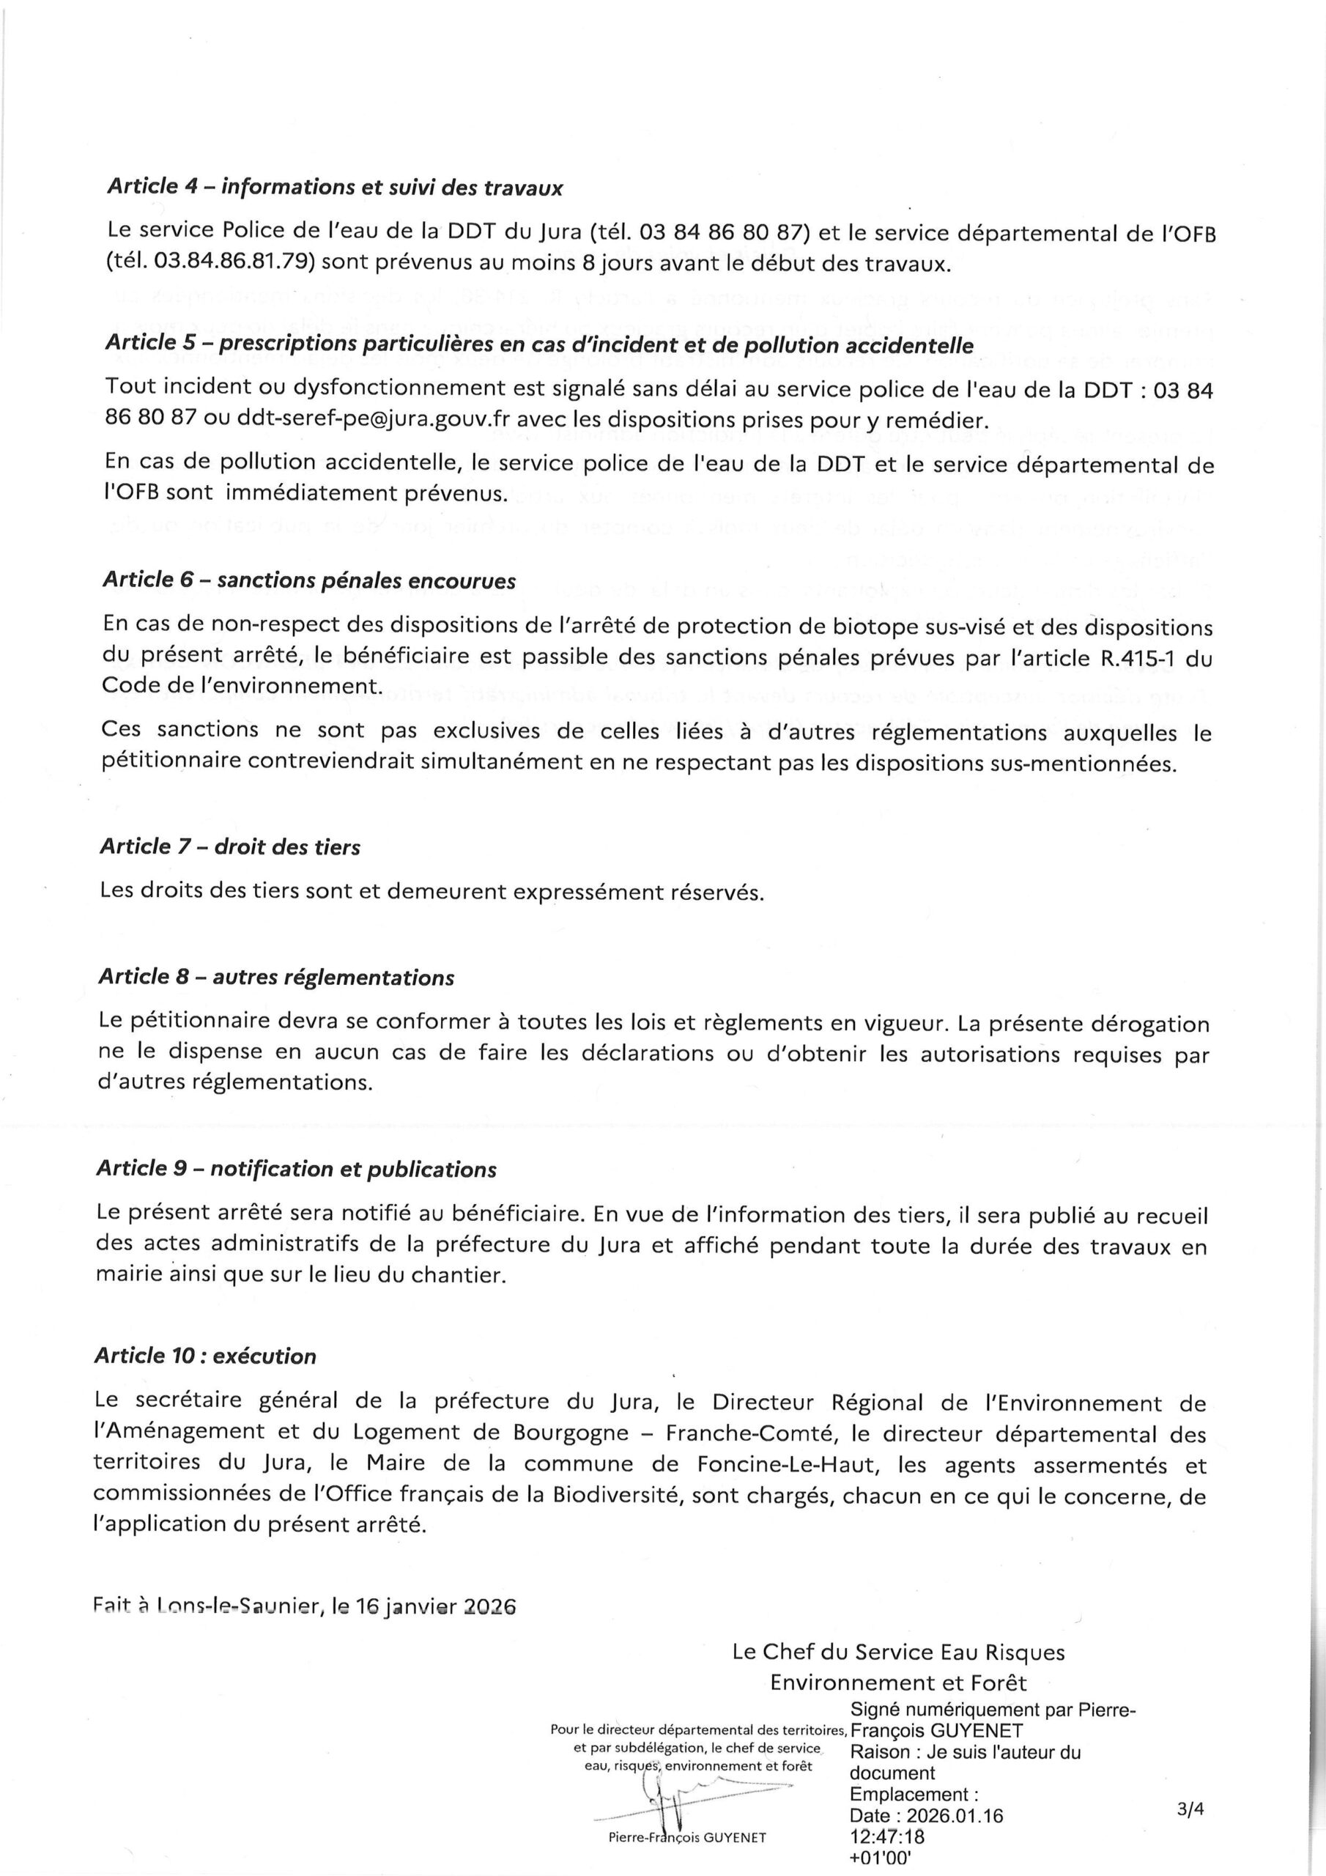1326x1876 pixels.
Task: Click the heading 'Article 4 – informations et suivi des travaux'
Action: [x=334, y=188]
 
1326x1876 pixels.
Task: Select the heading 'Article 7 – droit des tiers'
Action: [x=229, y=846]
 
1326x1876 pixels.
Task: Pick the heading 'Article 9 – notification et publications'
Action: [x=296, y=1170]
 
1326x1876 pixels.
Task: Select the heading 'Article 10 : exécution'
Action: [x=205, y=1356]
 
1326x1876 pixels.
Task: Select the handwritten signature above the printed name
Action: [x=678, y=1793]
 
